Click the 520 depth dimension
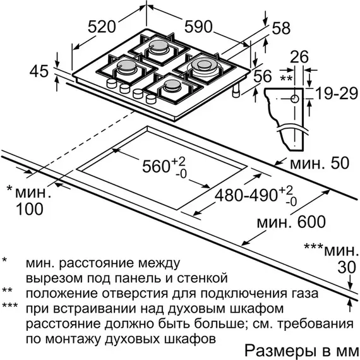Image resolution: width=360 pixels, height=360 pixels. tap(102, 27)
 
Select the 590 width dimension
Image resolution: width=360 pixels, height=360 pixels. tap(198, 27)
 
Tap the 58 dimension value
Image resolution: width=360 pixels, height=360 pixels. tap(281, 28)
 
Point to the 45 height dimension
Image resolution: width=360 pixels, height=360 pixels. tap(39, 71)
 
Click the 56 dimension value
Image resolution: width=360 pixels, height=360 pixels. tap(263, 76)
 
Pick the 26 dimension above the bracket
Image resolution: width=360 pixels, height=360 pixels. tap(299, 57)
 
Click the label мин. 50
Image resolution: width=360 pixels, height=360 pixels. tap(320, 163)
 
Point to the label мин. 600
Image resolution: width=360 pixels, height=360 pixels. tap(291, 222)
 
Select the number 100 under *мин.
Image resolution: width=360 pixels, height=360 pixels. tap(30, 209)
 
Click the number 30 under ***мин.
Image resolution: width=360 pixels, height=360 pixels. tap(347, 267)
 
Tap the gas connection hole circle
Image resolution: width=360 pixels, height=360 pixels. tap(294, 99)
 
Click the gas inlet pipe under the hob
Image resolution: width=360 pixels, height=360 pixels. tap(236, 90)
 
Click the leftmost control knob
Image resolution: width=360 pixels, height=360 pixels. tap(112, 83)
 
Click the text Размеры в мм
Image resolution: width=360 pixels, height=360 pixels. tap(300, 351)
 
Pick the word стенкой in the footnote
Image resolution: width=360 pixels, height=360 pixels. tap(202, 278)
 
